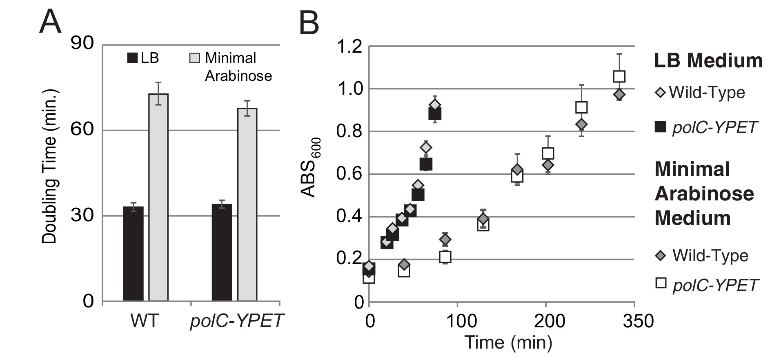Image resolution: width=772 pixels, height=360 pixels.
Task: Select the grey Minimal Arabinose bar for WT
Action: click(158, 198)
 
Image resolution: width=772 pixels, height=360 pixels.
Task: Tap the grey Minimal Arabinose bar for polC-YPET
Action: click(247, 204)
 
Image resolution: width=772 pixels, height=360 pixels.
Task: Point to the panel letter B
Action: click(309, 23)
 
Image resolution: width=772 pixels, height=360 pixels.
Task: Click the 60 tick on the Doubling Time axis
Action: click(82, 130)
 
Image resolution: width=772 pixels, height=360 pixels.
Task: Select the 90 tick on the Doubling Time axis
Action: click(82, 44)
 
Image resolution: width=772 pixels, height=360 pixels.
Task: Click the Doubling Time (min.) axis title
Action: click(50, 166)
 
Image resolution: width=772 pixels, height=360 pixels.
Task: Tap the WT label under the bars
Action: click(144, 321)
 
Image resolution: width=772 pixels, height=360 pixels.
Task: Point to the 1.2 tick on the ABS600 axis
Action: click(350, 47)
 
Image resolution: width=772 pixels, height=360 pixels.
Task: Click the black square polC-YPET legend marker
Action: click(660, 127)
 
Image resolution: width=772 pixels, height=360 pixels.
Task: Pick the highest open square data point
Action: click(619, 76)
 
